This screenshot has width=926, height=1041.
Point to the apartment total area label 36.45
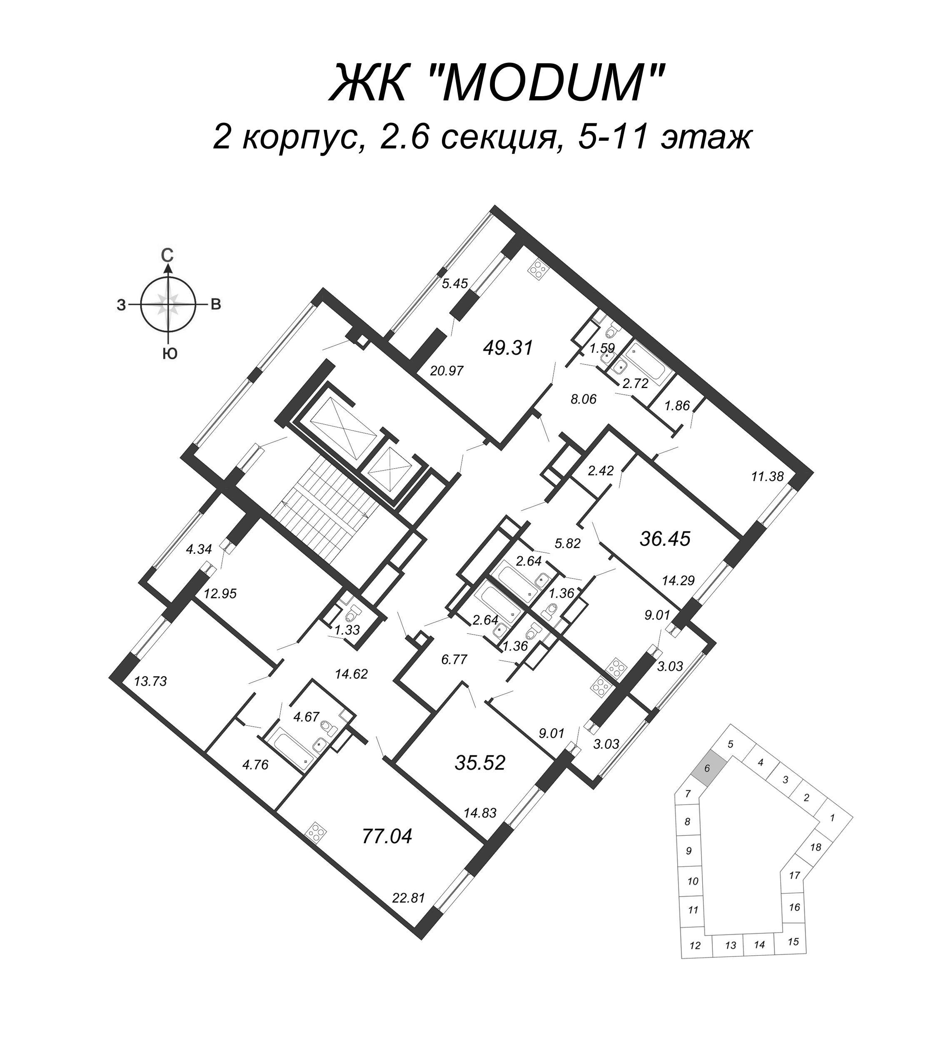(x=665, y=538)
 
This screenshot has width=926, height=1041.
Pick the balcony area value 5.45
(x=455, y=284)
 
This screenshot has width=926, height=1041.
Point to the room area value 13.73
(x=150, y=681)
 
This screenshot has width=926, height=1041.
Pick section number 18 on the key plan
(x=816, y=847)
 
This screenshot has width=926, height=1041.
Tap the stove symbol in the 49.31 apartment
(x=538, y=270)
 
